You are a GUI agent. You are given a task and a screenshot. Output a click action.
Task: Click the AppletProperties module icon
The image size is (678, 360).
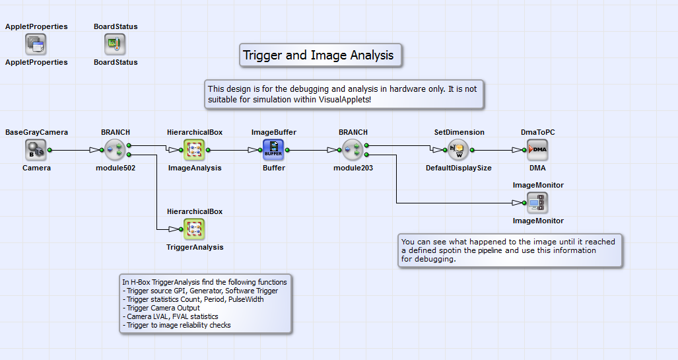point(36,44)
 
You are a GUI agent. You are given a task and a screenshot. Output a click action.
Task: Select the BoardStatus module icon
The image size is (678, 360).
point(115,44)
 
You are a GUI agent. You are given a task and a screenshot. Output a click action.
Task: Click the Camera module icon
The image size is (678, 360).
point(36,150)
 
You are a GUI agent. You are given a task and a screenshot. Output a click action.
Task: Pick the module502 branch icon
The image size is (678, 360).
point(115,150)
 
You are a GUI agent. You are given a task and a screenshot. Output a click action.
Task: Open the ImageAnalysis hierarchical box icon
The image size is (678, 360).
point(194,150)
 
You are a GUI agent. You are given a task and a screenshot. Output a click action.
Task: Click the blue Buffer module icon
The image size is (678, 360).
point(273,150)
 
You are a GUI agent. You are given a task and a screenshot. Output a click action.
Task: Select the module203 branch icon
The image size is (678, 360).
point(353,150)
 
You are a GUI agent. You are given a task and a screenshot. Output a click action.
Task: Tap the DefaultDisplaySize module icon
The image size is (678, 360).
point(458,150)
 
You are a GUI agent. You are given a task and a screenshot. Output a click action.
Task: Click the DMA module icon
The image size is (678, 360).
point(537,150)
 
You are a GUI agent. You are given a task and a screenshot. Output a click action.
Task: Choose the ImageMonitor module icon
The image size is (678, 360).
point(537,203)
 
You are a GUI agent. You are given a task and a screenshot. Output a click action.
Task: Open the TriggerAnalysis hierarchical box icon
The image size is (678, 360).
point(194,229)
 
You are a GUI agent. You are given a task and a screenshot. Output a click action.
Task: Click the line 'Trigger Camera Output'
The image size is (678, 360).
point(162,308)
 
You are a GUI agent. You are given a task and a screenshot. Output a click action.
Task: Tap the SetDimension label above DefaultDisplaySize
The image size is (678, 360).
point(459,132)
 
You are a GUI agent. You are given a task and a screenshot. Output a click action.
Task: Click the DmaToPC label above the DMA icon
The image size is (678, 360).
point(537,132)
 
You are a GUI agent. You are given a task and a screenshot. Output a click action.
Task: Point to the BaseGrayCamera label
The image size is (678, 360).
point(36,132)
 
